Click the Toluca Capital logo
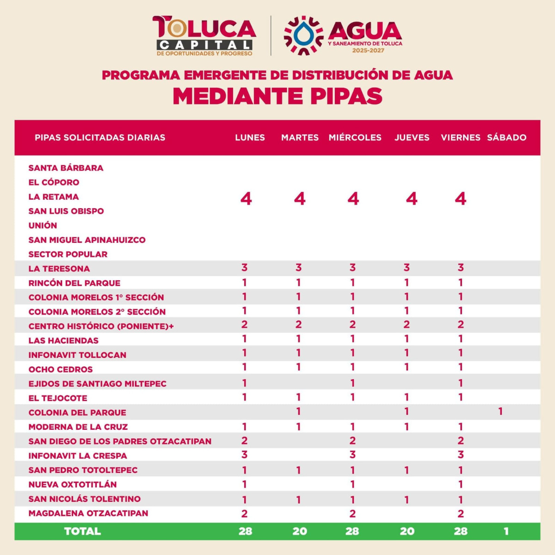(204, 36)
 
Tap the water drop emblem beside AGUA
(303, 35)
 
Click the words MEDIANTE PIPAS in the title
(277, 96)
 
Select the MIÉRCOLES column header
(355, 137)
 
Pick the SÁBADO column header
(506, 137)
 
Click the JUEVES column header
(412, 137)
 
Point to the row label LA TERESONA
(59, 269)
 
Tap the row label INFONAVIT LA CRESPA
(78, 456)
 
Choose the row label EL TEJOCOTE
(58, 398)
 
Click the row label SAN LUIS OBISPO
(66, 211)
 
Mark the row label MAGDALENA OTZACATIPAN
(88, 513)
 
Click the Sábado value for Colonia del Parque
(500, 411)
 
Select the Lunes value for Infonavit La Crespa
(245, 455)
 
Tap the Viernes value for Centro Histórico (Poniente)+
(461, 325)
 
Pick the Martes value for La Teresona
(299, 267)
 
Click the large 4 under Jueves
(412, 199)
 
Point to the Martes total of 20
(299, 531)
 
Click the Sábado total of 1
(506, 531)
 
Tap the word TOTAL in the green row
(82, 531)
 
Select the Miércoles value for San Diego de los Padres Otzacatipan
(352, 441)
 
